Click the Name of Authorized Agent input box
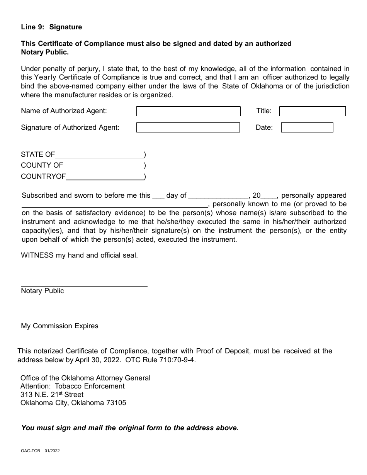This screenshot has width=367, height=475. click(x=188, y=111)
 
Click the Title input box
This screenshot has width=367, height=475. click(x=312, y=111)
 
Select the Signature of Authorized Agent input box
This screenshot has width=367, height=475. click(x=188, y=127)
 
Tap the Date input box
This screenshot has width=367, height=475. click(x=307, y=127)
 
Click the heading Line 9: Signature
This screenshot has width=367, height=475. click(x=51, y=27)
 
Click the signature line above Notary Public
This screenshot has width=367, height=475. click(x=84, y=286)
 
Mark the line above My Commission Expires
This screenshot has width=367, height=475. click(x=84, y=321)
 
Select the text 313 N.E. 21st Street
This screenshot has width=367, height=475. click(x=52, y=395)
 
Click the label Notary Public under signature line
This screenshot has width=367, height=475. click(x=42, y=291)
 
